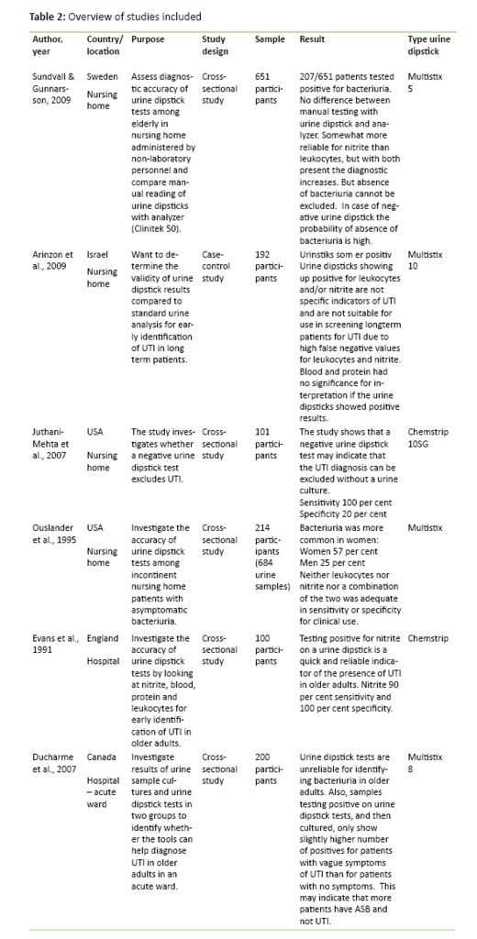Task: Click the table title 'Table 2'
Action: click(x=49, y=17)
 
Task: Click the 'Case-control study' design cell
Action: click(x=216, y=260)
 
